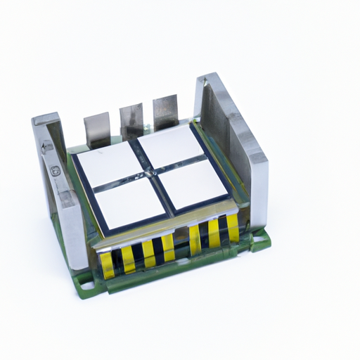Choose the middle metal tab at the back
pos(131,120)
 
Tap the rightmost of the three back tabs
pos(165,110)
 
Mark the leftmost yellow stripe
pos(107,264)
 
